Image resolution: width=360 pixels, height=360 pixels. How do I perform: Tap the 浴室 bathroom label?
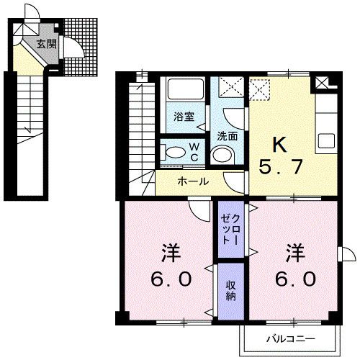pos(183,117)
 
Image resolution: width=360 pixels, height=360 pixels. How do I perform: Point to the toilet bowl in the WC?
pos(174,153)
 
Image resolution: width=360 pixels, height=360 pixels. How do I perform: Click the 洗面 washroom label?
pos(228,134)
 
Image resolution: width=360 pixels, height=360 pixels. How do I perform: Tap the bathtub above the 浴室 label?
pos(184,92)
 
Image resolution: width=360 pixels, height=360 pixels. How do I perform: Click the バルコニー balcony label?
pos(291,337)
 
